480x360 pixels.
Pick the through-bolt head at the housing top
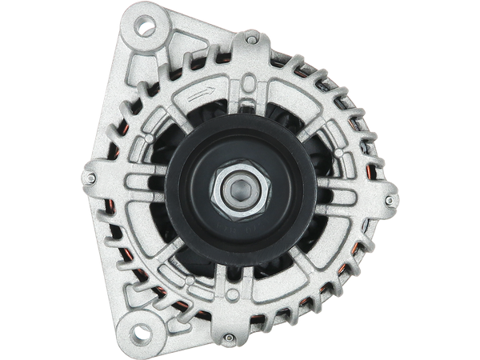click(253, 36)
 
